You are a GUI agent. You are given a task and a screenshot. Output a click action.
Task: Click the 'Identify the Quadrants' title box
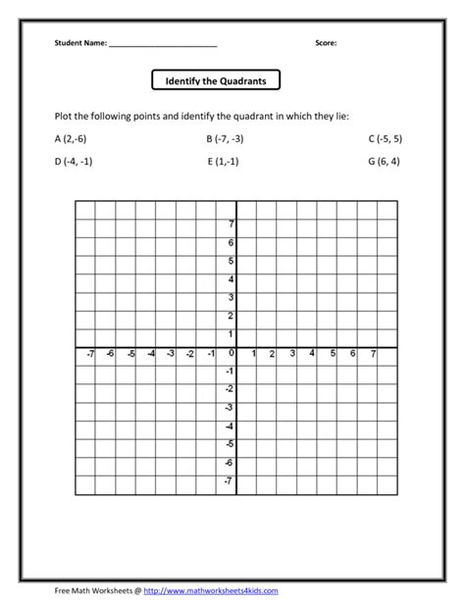(217, 79)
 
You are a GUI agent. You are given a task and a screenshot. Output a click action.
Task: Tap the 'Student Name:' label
(81, 43)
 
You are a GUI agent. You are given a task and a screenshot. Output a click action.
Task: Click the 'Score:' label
(327, 43)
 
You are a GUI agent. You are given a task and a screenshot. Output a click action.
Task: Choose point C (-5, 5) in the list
(385, 139)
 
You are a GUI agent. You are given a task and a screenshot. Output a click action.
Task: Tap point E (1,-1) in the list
(226, 162)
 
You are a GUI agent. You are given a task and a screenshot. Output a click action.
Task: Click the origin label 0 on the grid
(232, 353)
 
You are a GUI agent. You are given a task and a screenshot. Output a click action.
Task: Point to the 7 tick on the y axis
(232, 225)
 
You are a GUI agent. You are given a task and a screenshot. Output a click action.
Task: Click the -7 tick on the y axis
(230, 481)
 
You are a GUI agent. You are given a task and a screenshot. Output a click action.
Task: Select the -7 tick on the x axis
(89, 354)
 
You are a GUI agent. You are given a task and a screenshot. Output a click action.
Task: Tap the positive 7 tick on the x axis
(374, 354)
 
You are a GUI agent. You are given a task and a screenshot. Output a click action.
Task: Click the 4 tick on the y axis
(232, 279)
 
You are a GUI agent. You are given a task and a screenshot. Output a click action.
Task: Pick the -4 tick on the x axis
(150, 354)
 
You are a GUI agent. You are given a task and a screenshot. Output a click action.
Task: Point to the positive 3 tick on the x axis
(292, 354)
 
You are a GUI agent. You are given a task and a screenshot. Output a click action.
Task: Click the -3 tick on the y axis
(230, 408)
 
